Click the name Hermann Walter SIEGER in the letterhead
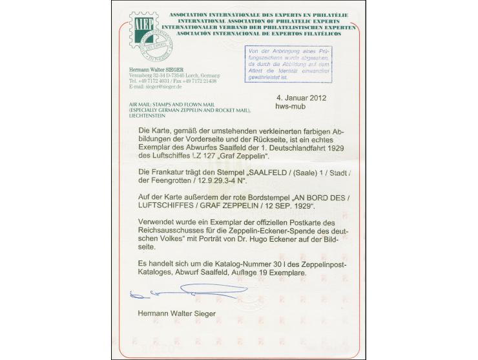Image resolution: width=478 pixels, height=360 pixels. coord(160,70)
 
